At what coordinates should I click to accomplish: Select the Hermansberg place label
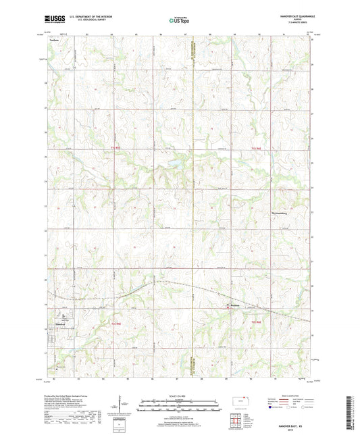pos(261,212)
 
